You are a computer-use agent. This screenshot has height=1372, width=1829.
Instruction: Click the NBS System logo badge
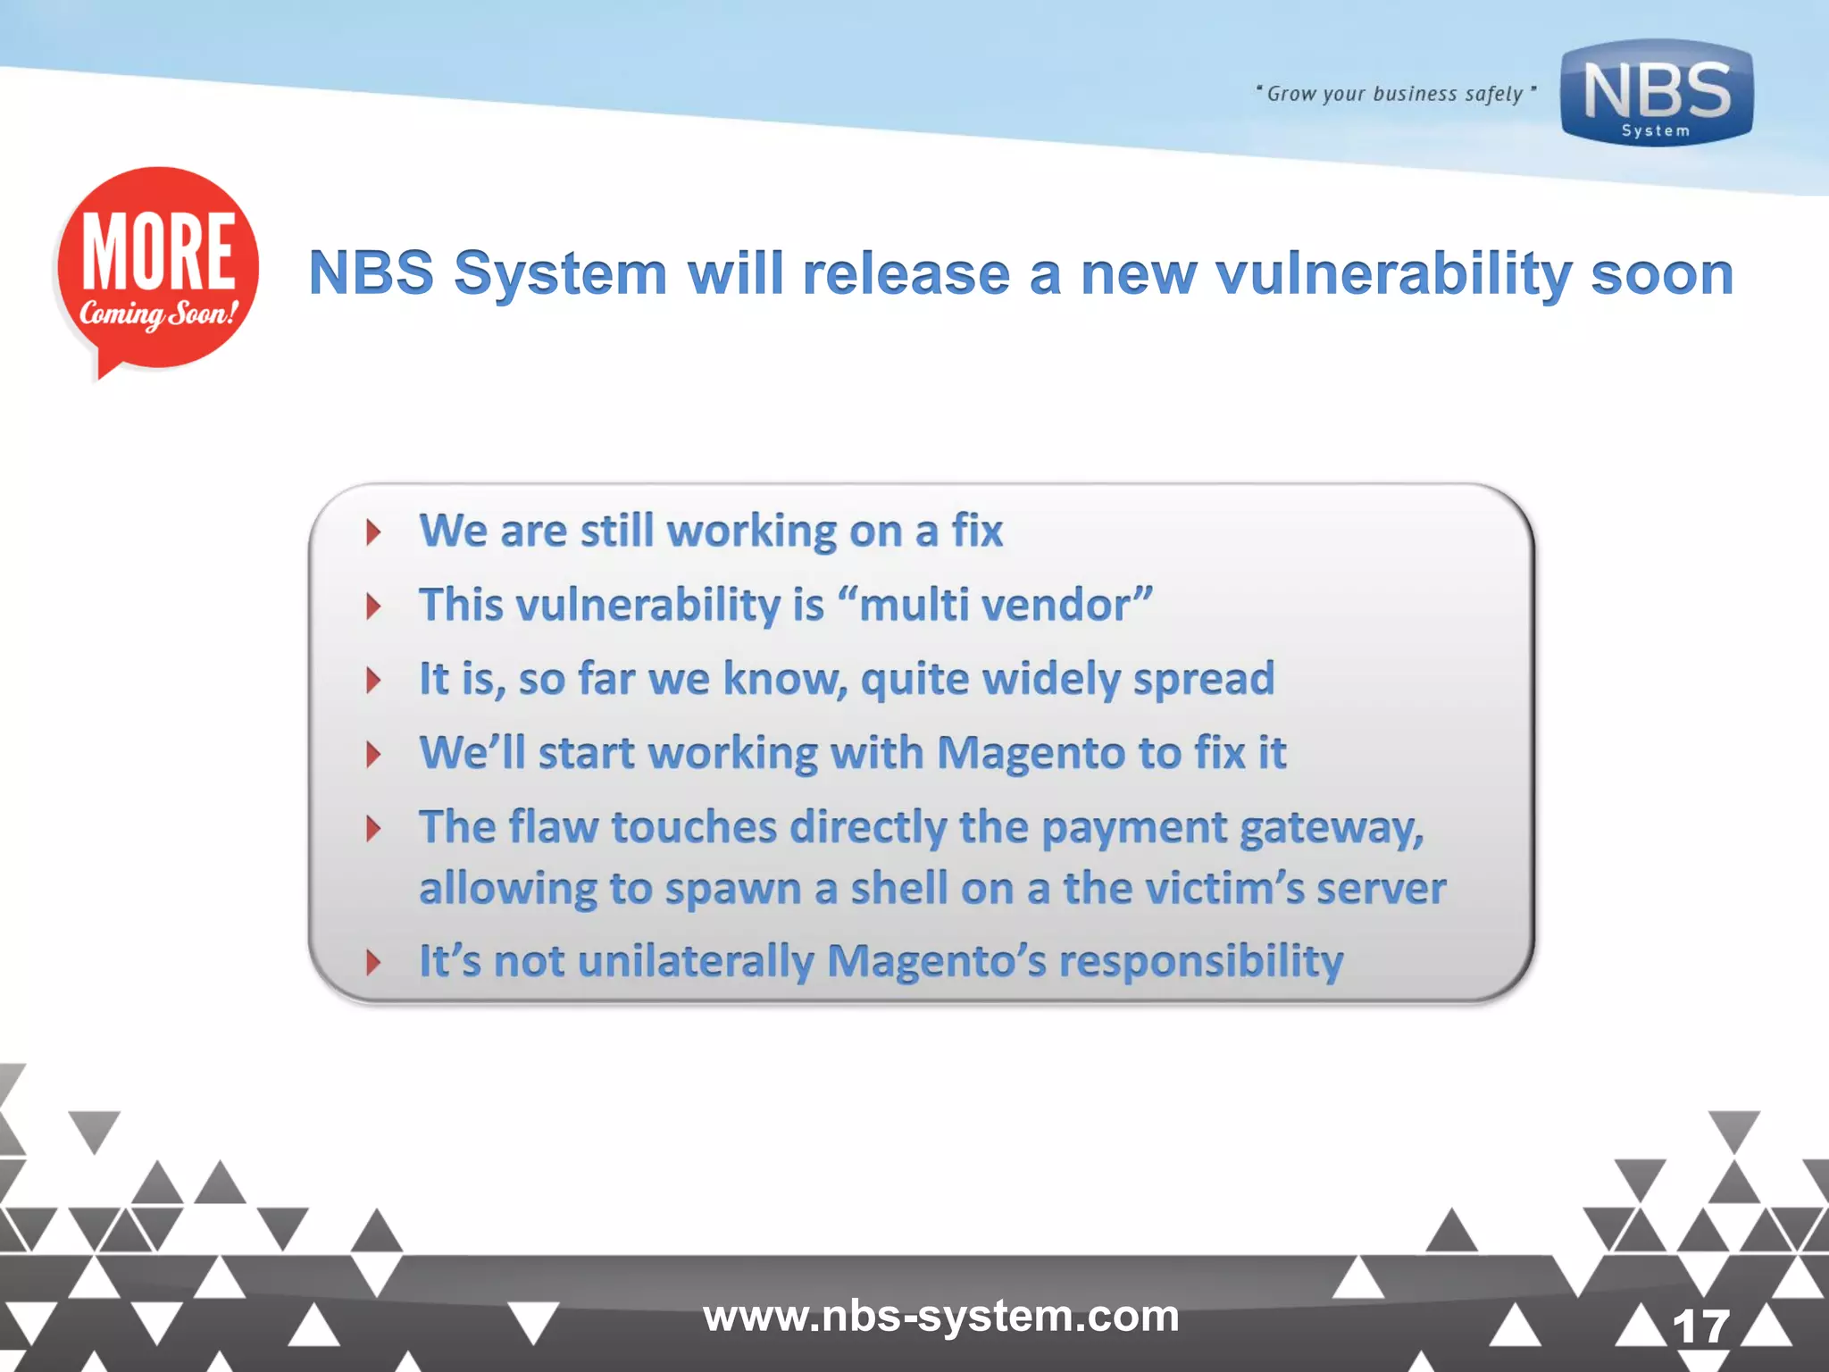click(x=1657, y=93)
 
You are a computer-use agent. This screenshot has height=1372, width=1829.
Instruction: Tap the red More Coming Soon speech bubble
click(x=157, y=268)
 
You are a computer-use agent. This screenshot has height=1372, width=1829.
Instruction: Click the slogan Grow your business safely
click(x=1396, y=94)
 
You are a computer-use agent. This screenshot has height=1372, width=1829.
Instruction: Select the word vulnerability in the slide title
click(x=1393, y=273)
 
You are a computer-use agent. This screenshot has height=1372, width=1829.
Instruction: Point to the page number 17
click(x=1700, y=1326)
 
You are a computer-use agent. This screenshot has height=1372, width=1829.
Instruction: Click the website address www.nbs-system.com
click(x=940, y=1316)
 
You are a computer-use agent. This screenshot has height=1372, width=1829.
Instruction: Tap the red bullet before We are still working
click(x=373, y=532)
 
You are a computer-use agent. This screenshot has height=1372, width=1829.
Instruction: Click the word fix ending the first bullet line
click(x=977, y=531)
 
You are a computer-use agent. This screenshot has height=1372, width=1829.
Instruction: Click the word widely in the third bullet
click(x=1051, y=679)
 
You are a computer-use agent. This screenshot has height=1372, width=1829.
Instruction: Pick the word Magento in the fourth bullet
click(x=1031, y=753)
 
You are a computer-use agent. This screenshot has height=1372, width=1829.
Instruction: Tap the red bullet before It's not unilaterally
click(x=373, y=962)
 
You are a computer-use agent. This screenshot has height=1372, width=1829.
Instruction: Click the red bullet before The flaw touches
click(x=373, y=829)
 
